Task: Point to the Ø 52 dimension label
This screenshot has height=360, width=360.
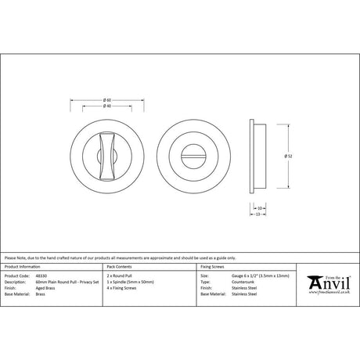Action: pyautogui.click(x=290, y=157)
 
